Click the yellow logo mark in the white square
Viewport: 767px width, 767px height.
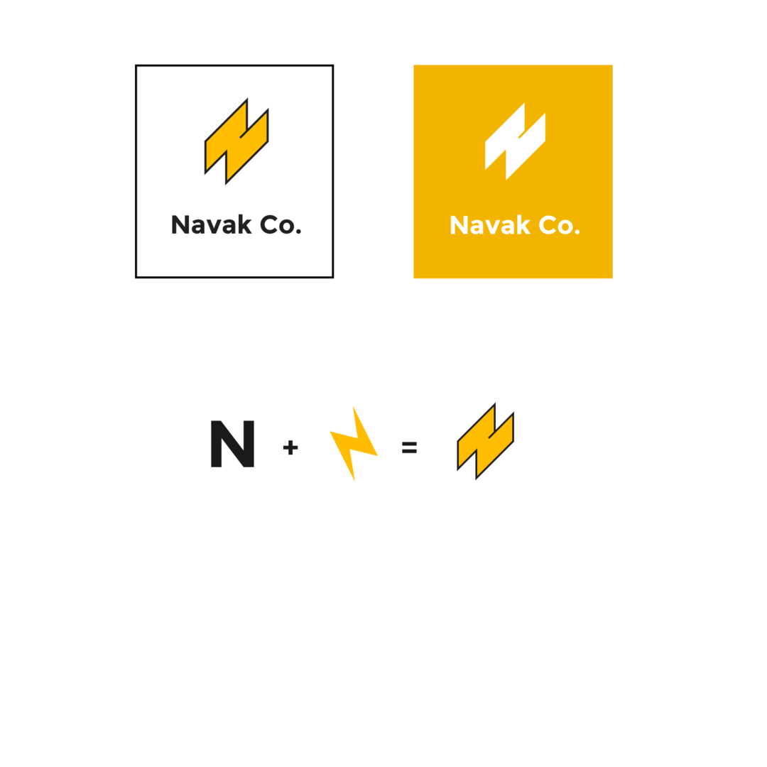[x=236, y=141]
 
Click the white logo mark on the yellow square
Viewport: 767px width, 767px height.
[x=515, y=141]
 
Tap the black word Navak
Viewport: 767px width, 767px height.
[x=212, y=225]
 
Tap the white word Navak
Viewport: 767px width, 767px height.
[x=490, y=225]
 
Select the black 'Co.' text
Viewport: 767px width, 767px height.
[x=281, y=225]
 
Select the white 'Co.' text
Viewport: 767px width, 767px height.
[x=560, y=225]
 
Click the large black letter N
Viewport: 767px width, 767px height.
[x=232, y=444]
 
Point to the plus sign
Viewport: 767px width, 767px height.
[x=290, y=447]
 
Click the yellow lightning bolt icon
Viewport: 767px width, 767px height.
[x=354, y=443]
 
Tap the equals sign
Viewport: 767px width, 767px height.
[x=410, y=447]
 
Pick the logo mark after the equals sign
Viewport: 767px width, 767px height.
[x=485, y=441]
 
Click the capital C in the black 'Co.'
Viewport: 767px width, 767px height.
[x=270, y=225]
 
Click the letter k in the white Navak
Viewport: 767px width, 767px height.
[x=523, y=224]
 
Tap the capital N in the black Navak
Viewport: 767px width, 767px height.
[x=180, y=225]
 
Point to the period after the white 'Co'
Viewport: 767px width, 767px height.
[x=577, y=232]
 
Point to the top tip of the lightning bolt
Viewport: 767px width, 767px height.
[x=353, y=406]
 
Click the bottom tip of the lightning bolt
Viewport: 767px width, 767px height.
[x=354, y=481]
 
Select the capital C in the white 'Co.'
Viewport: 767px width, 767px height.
[x=548, y=225]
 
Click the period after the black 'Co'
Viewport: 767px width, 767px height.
[x=298, y=232]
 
